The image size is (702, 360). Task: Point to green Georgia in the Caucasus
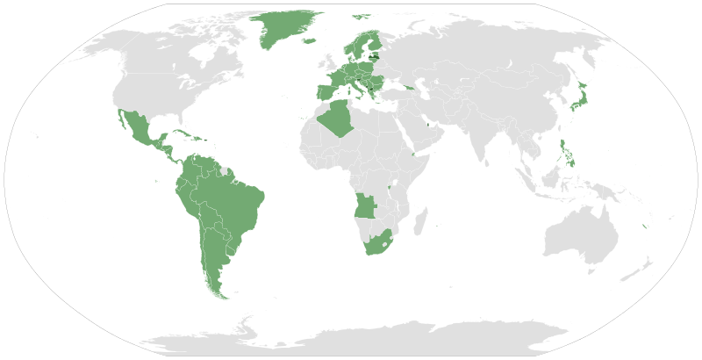tap(407, 86)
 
